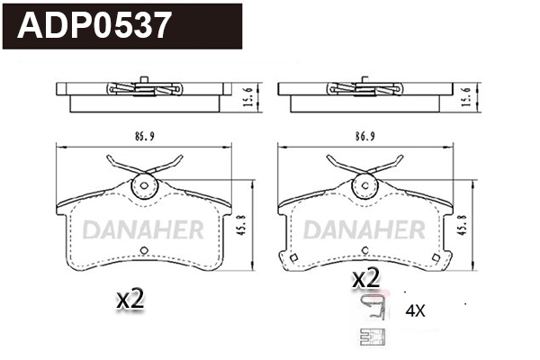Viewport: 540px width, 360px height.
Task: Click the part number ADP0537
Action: click(94, 25)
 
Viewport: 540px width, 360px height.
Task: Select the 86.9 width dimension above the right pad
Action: click(364, 137)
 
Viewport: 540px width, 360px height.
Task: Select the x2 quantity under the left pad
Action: click(131, 300)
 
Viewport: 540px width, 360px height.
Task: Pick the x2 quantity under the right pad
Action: click(365, 279)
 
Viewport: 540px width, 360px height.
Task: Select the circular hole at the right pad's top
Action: click(364, 187)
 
